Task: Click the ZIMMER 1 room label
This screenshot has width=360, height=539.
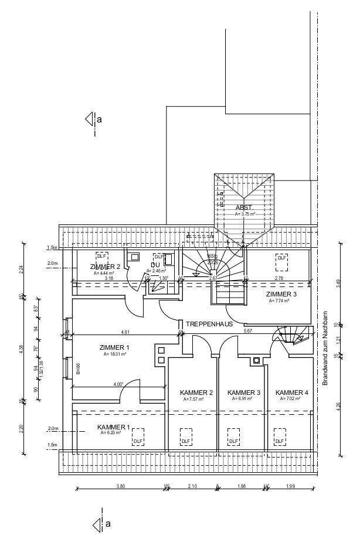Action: pos(114,347)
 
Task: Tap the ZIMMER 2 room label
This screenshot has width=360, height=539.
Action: pos(106,267)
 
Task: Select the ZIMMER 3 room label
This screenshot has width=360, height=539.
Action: pos(281,294)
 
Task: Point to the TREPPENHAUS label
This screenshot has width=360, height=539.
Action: pos(209,323)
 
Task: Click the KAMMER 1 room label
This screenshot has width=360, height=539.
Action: pos(114,427)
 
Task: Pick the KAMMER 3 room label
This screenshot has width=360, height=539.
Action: pos(243,393)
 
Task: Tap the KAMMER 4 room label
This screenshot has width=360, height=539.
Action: pos(291,393)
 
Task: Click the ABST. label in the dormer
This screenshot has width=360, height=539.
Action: pos(244,208)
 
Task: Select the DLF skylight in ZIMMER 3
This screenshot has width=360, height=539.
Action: pos(282,258)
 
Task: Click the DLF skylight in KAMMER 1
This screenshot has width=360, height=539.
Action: pos(138,441)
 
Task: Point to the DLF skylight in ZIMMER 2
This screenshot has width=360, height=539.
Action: pos(102,256)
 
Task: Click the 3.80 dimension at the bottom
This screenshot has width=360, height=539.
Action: pos(121,486)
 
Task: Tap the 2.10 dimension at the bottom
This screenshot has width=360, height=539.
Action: pos(192,486)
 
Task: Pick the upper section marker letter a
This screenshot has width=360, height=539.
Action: pos(99,120)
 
